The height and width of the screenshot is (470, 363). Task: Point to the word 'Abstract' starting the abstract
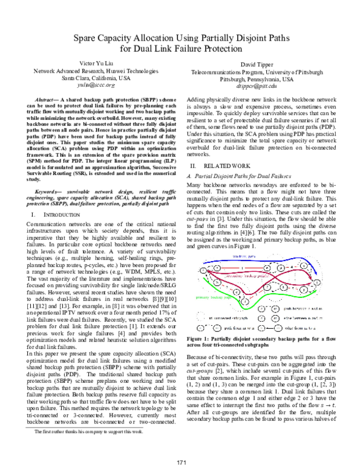(x=50, y=100)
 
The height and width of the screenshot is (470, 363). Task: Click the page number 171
(x=181, y=462)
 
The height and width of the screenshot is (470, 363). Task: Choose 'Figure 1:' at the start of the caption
(x=201, y=322)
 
